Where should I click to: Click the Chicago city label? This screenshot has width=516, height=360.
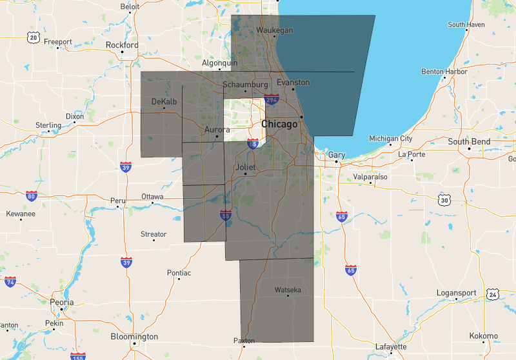click(279, 124)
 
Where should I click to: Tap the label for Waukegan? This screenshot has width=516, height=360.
click(275, 30)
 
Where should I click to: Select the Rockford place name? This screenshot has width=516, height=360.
click(122, 45)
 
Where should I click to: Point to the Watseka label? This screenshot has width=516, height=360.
click(288, 290)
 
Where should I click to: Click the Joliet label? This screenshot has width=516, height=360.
click(245, 167)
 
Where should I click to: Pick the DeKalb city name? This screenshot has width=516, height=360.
click(164, 102)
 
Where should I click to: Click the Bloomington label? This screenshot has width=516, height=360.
click(134, 337)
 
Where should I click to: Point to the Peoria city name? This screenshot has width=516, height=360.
click(62, 302)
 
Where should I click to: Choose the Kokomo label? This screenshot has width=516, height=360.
click(484, 336)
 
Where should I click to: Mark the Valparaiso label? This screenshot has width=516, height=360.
click(370, 176)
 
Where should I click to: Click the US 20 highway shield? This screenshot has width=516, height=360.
click(33, 38)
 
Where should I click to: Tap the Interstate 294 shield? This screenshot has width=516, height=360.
click(271, 100)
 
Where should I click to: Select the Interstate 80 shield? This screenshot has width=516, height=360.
click(31, 195)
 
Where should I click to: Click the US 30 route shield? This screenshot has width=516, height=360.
click(444, 201)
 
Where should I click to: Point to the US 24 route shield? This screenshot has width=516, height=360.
click(493, 294)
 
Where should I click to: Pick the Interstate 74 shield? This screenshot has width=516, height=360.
click(10, 282)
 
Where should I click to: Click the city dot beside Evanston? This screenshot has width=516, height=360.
click(293, 90)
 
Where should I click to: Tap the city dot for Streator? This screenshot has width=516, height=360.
click(154, 241)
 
